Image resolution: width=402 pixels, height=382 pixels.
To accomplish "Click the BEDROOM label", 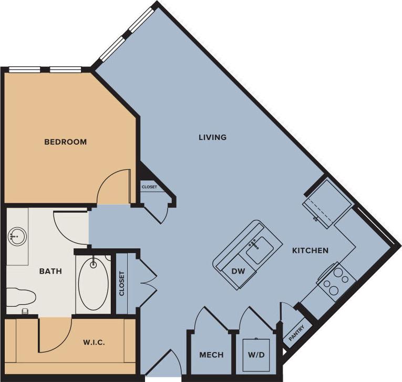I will pos(65,142).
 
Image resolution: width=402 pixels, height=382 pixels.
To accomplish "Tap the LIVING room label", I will pos(212,137).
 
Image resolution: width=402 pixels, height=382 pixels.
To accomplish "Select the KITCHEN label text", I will pos(310,250).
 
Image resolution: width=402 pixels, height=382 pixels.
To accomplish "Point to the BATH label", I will pos(51,272).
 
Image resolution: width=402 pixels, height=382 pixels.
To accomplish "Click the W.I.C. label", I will pos(94,343).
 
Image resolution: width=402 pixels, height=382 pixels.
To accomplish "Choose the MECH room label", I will pos(211,355).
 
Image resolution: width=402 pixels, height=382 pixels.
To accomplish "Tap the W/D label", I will pos(256,355).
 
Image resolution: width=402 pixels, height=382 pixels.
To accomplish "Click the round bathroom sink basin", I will pos(17,237).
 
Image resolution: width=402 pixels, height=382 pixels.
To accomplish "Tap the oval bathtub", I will pos(93,284).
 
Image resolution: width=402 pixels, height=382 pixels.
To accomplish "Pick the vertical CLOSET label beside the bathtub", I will pos(122,284).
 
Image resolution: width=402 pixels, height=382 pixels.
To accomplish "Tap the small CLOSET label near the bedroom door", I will pos(148,187).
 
